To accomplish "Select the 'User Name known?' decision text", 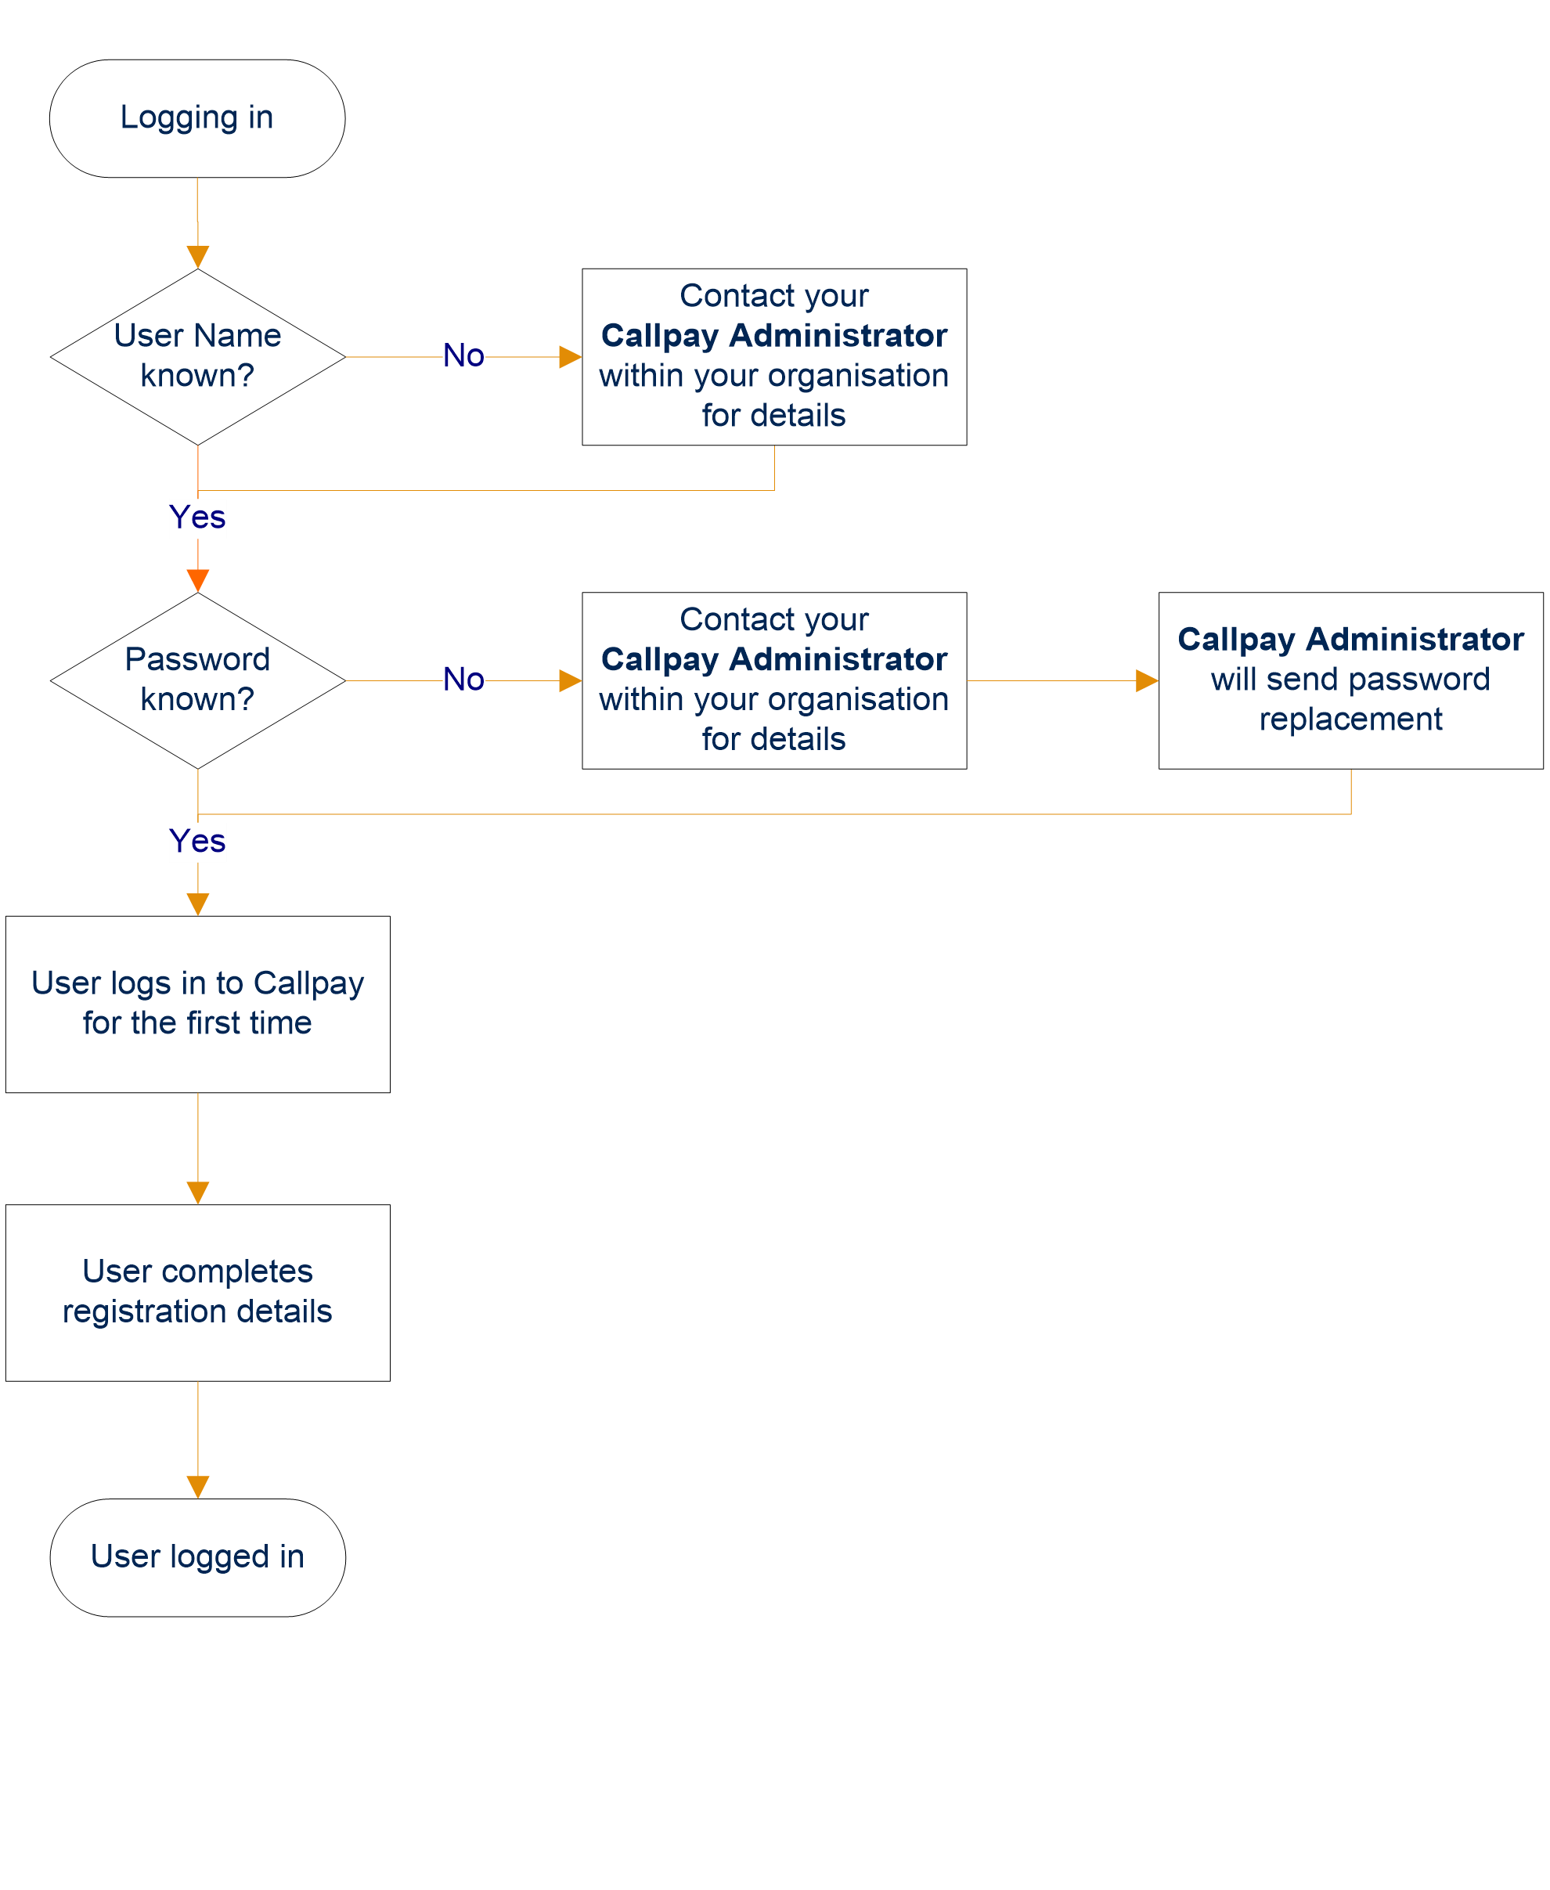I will point(197,355).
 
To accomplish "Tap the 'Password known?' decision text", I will point(197,680).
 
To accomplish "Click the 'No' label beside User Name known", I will point(463,356).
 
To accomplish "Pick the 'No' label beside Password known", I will point(463,680).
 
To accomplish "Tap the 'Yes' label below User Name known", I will point(197,518).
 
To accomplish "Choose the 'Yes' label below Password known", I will point(197,842).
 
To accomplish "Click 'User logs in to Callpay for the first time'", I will point(197,1003).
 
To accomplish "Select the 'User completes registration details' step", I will point(197,1291).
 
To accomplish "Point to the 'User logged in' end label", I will point(197,1557).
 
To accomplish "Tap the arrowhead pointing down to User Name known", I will point(197,257).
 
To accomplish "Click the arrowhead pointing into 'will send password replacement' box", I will point(1146,681).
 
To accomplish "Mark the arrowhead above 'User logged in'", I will point(197,1487).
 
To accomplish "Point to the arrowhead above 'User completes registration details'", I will point(197,1192).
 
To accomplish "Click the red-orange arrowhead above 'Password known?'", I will point(197,580).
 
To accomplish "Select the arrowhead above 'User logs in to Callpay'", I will point(197,904).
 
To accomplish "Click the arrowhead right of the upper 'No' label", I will point(570,357).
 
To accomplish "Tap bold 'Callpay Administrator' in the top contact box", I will point(774,337).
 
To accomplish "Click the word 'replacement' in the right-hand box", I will point(1350,720).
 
